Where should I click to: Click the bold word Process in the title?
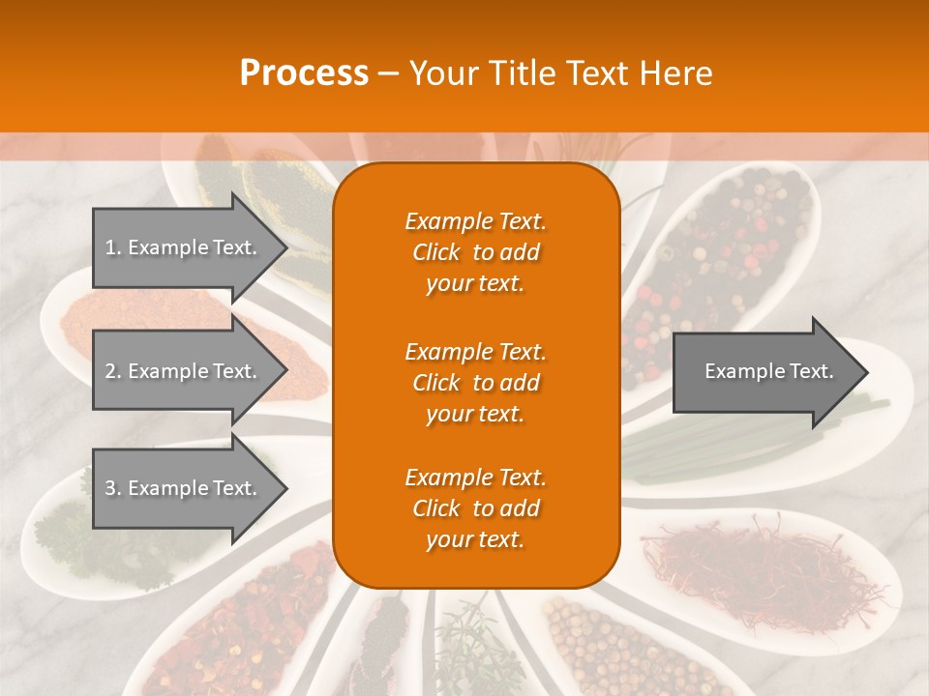click(304, 73)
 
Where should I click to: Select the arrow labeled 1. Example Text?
click(184, 247)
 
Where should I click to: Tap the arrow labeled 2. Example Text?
click(184, 371)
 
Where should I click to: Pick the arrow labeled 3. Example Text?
click(184, 488)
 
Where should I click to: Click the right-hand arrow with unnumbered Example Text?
click(764, 371)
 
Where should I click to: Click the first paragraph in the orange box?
click(475, 252)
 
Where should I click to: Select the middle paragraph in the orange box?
click(475, 383)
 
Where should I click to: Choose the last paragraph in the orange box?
click(475, 508)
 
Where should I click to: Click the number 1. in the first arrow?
click(112, 247)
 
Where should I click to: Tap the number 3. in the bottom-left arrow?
click(112, 488)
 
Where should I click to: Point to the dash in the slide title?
click(388, 74)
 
